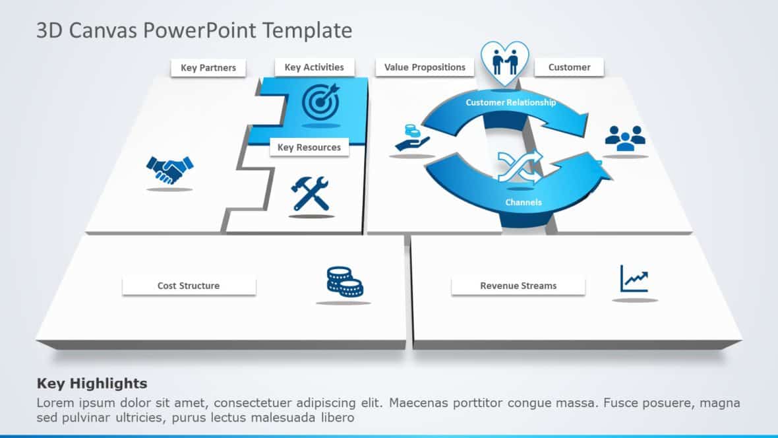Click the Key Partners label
coord(208,68)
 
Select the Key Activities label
coord(314,67)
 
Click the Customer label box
coord(569,67)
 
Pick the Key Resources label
coord(309,147)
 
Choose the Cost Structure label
coord(189,286)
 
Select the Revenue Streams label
coord(518,286)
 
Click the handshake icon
coord(169,170)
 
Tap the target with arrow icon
coord(320,101)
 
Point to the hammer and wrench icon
coord(311,193)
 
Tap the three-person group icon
coord(624,139)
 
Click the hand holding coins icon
coord(411,137)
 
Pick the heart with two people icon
coord(504,63)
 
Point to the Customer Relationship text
coord(510,102)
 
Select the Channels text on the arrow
coord(524,202)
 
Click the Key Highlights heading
coord(92,383)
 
